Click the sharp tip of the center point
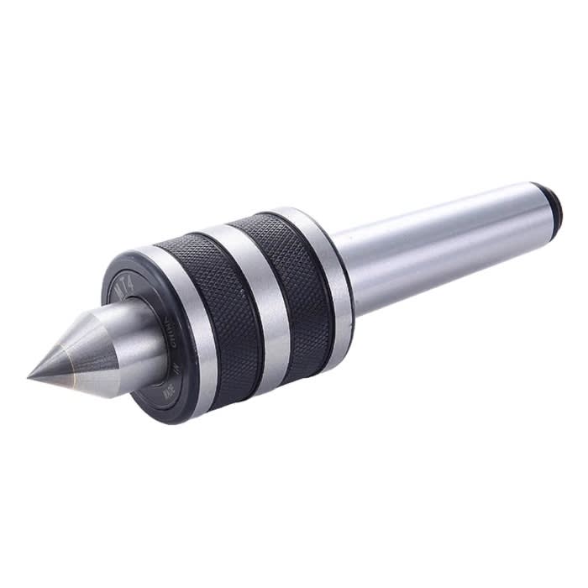point(30,375)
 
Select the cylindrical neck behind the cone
point(143,336)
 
